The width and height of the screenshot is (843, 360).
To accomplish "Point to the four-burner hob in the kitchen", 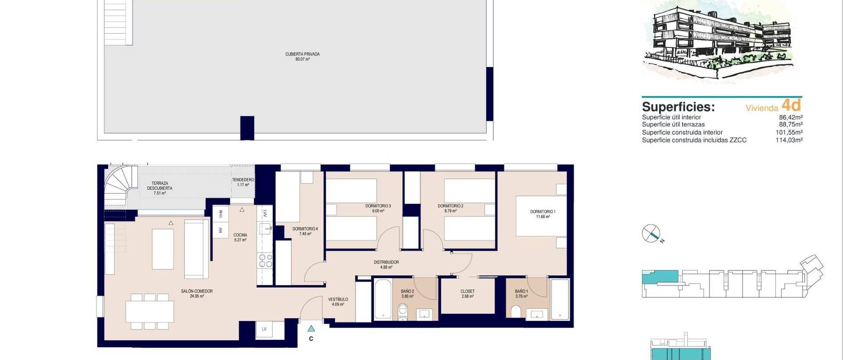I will (265, 261).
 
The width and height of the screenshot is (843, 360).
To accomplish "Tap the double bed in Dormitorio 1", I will (540, 216).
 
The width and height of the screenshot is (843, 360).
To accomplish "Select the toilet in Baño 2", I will (402, 312).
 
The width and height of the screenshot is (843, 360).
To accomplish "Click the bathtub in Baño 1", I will (560, 299).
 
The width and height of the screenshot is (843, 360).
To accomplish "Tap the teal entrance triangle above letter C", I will (311, 328).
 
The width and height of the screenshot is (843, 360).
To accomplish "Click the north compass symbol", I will (651, 233).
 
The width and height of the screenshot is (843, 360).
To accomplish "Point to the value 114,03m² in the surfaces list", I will (789, 140).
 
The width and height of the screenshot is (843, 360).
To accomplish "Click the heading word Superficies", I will (678, 107).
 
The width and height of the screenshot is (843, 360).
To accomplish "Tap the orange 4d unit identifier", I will (791, 105).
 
